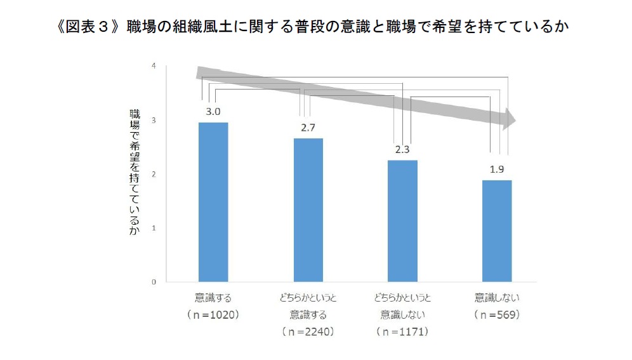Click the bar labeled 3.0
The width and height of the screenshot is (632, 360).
tap(213, 201)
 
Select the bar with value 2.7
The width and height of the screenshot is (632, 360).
tap(308, 210)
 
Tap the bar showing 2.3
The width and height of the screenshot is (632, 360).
tap(403, 220)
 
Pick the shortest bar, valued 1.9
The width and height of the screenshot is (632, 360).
tap(497, 230)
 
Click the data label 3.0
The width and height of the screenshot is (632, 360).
tap(213, 112)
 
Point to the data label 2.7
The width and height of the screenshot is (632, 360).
tap(308, 128)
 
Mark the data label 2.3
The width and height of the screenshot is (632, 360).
tap(403, 150)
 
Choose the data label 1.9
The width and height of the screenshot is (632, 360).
tap(497, 170)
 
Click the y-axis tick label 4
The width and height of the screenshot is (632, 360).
tap(154, 66)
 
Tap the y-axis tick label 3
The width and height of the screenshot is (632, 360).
tap(154, 120)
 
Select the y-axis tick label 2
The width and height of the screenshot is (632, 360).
tap(154, 174)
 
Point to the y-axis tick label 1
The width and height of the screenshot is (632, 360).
tap(154, 228)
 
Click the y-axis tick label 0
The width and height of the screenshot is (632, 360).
tap(154, 282)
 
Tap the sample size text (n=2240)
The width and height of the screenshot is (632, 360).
tap(308, 331)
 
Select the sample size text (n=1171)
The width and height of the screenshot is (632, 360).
tap(403, 331)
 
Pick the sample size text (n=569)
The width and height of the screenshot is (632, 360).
tap(497, 315)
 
